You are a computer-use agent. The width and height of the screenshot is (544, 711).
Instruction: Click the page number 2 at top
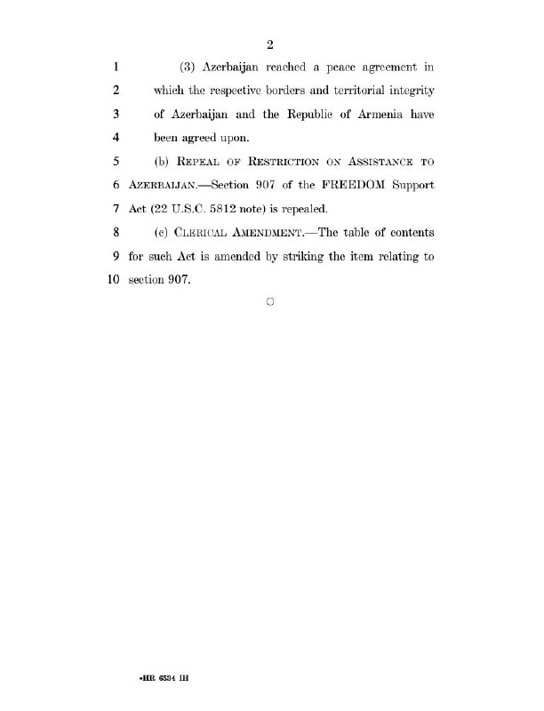point(271,45)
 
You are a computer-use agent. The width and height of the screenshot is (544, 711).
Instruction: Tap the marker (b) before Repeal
point(163,162)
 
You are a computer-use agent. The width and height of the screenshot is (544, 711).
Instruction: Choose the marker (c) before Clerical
point(163,233)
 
